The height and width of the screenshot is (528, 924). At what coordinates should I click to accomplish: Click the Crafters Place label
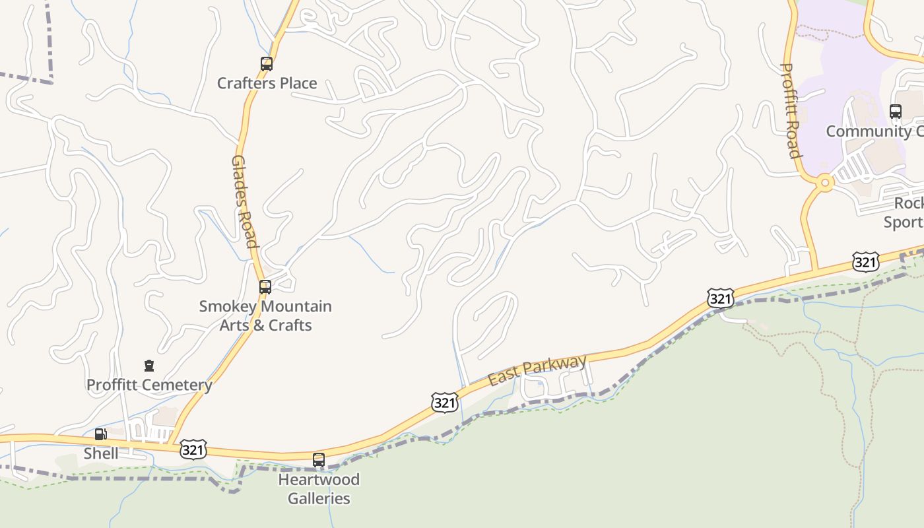pyautogui.click(x=267, y=83)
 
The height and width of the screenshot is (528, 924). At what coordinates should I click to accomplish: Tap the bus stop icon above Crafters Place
pyautogui.click(x=266, y=64)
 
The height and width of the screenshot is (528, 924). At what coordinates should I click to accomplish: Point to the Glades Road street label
pyautogui.click(x=244, y=201)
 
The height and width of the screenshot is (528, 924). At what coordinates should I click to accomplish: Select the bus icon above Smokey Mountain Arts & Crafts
pyautogui.click(x=265, y=287)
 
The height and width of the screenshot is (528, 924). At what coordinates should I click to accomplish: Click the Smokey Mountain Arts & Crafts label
pyautogui.click(x=265, y=315)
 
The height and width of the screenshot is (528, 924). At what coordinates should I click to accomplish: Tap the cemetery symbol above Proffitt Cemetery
pyautogui.click(x=149, y=366)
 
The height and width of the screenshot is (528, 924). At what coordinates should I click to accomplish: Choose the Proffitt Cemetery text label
pyautogui.click(x=149, y=385)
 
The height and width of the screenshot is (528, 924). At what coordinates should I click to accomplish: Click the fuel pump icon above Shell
pyautogui.click(x=100, y=434)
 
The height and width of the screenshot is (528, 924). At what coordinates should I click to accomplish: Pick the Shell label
pyautogui.click(x=101, y=453)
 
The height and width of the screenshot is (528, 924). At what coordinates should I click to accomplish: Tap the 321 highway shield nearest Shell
pyautogui.click(x=193, y=449)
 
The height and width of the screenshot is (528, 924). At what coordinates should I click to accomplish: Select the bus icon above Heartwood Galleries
pyautogui.click(x=319, y=460)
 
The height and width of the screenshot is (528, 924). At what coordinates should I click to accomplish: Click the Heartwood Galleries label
pyautogui.click(x=319, y=488)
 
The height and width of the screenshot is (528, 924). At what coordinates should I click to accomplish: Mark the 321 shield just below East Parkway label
pyautogui.click(x=445, y=403)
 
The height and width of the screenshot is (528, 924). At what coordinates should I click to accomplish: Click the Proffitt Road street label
pyautogui.click(x=790, y=111)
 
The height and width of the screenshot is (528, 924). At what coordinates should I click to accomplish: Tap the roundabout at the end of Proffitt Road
pyautogui.click(x=824, y=183)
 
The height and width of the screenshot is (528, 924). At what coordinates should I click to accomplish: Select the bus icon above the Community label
pyautogui.click(x=896, y=112)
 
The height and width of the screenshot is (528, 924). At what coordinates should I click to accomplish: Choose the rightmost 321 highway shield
pyautogui.click(x=865, y=262)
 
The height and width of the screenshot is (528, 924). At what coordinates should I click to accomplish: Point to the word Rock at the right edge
pyautogui.click(x=909, y=203)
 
